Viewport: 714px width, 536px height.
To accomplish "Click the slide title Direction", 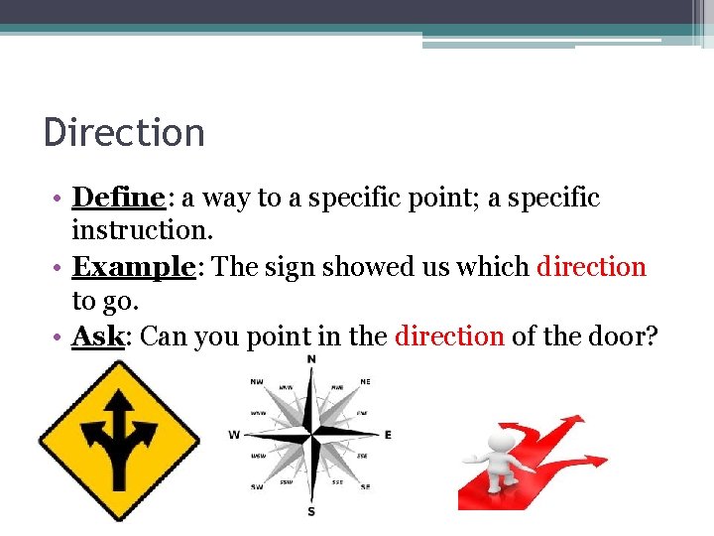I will [124, 133].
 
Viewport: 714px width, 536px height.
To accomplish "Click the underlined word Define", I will [118, 198].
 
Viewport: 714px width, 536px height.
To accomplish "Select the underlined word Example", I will [133, 267].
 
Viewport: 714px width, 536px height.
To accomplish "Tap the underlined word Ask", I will [97, 336].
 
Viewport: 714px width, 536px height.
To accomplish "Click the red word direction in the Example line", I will [591, 267].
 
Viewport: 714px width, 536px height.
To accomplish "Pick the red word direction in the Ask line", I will [449, 336].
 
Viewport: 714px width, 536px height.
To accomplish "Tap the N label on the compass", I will [311, 359].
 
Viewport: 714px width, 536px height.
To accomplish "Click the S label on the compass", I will [311, 511].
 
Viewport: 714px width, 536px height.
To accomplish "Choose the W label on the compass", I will [234, 434].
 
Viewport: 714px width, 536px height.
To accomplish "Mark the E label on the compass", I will [388, 434].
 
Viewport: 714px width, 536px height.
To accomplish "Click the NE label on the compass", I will [366, 380].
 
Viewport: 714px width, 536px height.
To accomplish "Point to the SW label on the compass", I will [257, 487].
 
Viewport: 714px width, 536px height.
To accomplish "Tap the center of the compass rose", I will [311, 434].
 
